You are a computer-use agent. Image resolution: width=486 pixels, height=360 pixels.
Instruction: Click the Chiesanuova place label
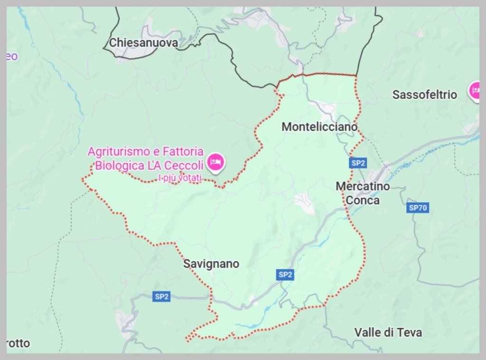coord(143,43)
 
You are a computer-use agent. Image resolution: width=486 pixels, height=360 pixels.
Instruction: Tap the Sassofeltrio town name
coord(424,94)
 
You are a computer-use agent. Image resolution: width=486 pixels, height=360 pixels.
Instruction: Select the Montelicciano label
coord(319,127)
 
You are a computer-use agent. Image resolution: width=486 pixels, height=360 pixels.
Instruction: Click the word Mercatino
coord(363,186)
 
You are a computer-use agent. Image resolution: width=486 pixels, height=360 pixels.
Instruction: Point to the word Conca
coord(363,200)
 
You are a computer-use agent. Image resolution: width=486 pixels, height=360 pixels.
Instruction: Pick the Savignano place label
coord(211,264)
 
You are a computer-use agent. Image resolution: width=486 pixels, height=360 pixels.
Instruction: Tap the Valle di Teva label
coord(388,332)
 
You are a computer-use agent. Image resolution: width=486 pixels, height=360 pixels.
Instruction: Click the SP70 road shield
coord(418,208)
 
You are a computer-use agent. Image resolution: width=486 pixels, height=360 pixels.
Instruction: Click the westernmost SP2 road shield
coord(161,297)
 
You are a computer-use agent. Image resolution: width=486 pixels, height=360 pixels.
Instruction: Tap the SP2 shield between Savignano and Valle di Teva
coord(285,274)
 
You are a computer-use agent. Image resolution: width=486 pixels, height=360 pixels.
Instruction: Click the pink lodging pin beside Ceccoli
coord(216,162)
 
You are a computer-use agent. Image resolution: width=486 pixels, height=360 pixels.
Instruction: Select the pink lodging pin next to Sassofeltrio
coord(475,90)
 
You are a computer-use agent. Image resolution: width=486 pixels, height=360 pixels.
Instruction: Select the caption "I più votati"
coord(180,178)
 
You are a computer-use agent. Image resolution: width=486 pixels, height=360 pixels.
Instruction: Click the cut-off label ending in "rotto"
coord(18,343)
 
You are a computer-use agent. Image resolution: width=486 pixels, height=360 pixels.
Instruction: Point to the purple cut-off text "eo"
coord(12,56)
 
